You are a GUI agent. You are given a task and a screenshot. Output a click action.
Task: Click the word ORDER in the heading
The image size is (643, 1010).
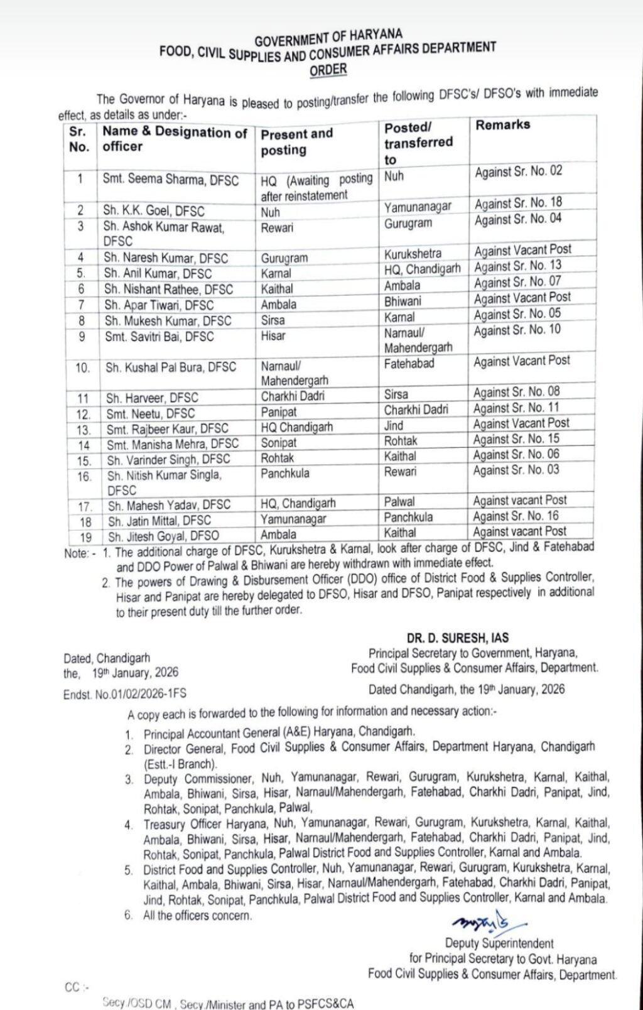328,69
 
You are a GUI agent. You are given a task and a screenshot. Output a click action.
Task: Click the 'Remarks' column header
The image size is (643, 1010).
502,125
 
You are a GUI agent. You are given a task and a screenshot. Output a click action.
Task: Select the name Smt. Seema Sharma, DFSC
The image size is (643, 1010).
171,180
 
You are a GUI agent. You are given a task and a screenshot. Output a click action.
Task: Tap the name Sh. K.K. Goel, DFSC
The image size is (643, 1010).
154,211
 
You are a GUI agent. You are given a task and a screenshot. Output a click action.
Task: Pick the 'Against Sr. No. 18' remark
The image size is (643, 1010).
518,203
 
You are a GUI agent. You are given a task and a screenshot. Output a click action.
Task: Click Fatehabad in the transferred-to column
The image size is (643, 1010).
409,363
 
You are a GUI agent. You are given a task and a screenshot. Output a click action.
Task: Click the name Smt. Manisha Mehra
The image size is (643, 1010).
172,444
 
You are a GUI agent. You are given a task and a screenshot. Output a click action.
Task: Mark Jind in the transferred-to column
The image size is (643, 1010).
394,425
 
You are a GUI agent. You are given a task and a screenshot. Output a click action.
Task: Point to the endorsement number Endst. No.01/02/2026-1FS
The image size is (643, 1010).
124,694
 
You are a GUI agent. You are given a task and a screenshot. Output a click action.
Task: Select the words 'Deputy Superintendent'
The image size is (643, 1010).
499,943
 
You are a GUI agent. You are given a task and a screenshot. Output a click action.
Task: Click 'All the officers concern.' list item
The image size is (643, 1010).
197,915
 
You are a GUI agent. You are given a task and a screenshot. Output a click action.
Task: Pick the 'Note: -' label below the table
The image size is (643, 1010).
80,554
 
